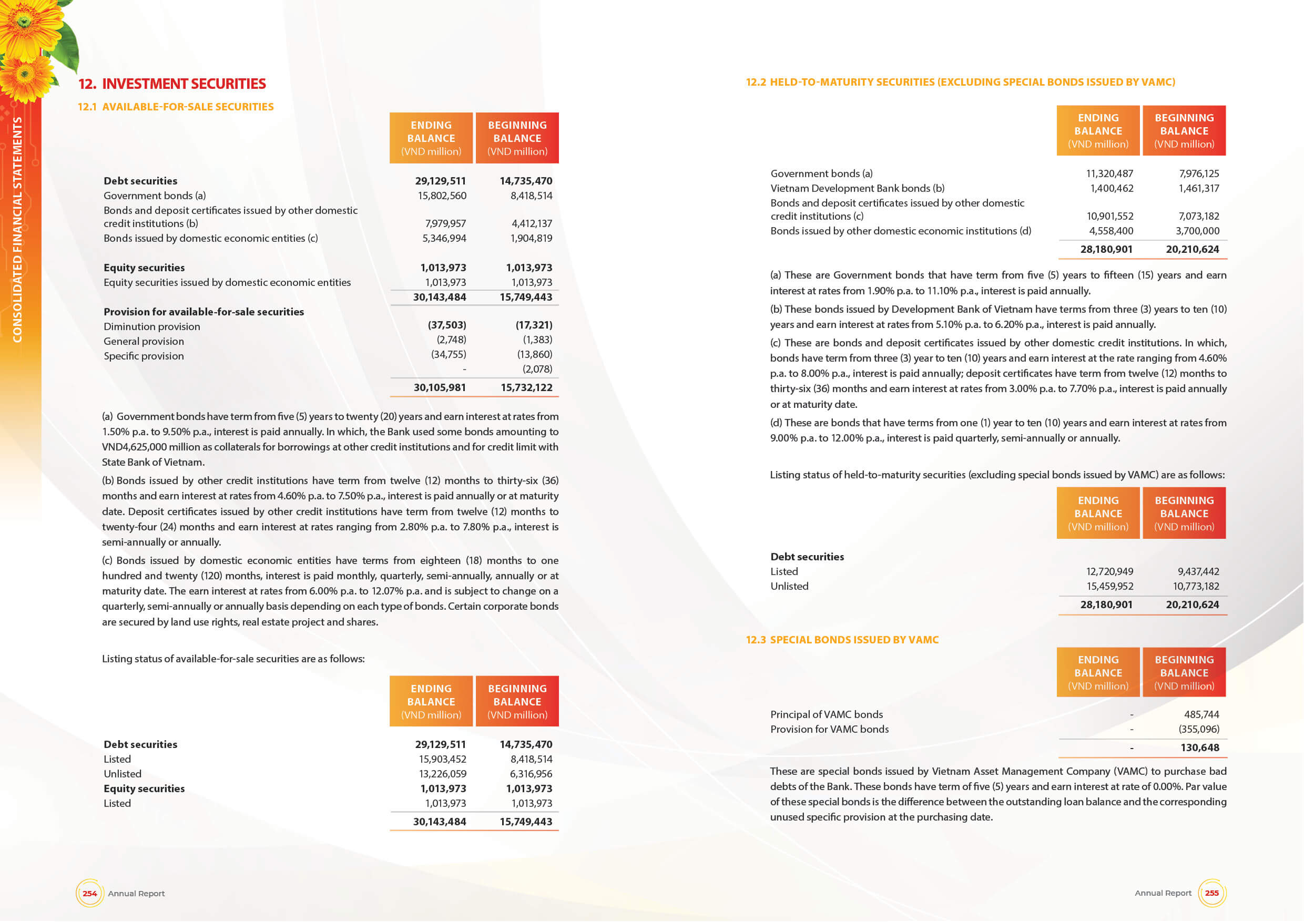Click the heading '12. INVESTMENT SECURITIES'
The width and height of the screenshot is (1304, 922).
pos(172,84)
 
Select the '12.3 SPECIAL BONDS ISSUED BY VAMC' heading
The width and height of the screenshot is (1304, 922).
pos(842,640)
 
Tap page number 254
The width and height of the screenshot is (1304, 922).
pos(90,893)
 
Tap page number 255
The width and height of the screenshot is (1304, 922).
pos(1211,893)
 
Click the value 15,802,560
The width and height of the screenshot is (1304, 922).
pos(442,196)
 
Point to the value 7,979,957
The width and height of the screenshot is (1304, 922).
pos(445,224)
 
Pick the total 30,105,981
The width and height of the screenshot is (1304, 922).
pos(440,388)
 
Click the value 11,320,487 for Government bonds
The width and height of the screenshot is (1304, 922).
pos(1109,173)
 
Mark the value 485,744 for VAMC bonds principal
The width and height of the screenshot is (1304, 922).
pos(1201,715)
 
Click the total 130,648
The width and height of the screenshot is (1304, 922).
pos(1199,747)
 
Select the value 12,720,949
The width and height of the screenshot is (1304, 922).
pos(1109,572)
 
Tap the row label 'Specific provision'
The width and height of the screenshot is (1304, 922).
pos(144,356)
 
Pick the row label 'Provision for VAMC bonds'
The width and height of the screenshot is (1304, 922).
pos(829,730)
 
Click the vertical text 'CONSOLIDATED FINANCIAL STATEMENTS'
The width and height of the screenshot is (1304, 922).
pos(17,230)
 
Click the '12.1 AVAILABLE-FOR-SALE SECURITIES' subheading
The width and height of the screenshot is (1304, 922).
pos(176,107)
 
